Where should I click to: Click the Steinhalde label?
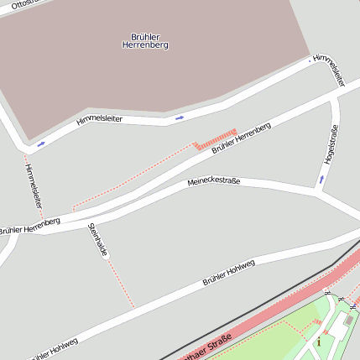[x=98, y=241]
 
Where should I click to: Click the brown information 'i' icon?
[x=318, y=341]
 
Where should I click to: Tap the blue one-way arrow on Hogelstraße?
[x=321, y=179]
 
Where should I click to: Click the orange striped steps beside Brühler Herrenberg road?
[x=216, y=138]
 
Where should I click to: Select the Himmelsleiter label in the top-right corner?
[x=328, y=70]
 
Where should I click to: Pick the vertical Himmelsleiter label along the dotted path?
[x=33, y=185]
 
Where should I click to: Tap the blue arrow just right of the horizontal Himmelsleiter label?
[x=178, y=117]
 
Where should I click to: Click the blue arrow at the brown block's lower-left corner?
[x=41, y=143]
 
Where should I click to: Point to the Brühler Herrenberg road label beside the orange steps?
[x=242, y=137]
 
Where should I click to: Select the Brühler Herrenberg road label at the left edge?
[x=29, y=225]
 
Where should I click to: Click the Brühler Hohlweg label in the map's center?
[x=228, y=273]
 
